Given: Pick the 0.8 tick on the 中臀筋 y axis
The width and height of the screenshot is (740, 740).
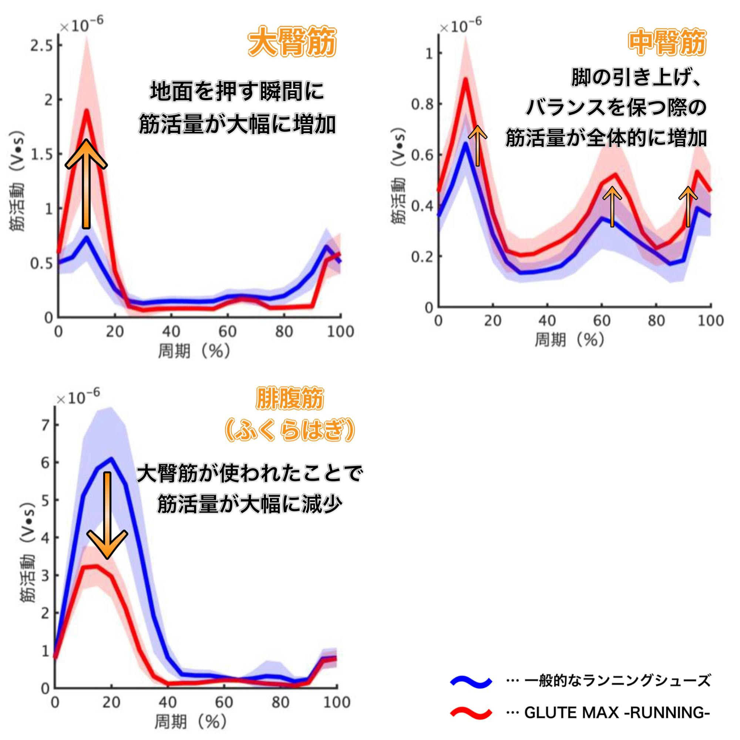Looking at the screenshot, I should coord(424,104).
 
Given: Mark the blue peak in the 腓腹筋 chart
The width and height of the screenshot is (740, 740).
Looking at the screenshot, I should coord(111,458).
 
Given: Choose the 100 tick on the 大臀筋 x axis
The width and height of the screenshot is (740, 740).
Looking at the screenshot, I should coord(340,332).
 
